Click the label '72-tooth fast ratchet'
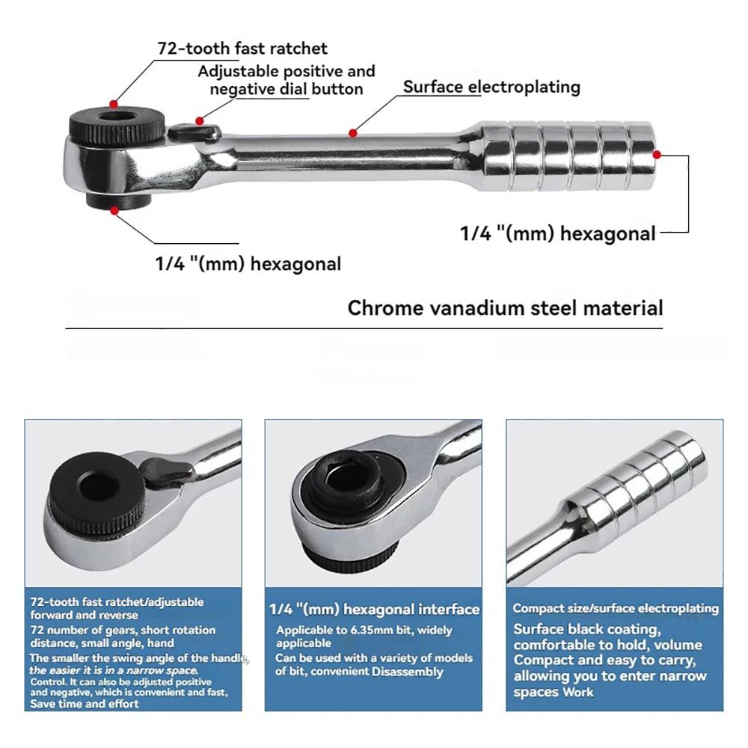pos(242,49)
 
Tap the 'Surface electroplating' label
pos(491,87)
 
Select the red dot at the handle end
pos(657,155)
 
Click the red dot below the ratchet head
pos(114,211)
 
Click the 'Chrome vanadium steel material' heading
pos(505,308)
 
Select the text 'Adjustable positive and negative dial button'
pos(286,80)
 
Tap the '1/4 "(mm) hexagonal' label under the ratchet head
pos(248,264)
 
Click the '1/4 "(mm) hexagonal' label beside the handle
pos(557,233)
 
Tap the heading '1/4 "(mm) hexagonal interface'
pos(374,610)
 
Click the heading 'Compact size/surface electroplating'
pos(615,609)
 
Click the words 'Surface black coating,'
pos(586,629)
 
